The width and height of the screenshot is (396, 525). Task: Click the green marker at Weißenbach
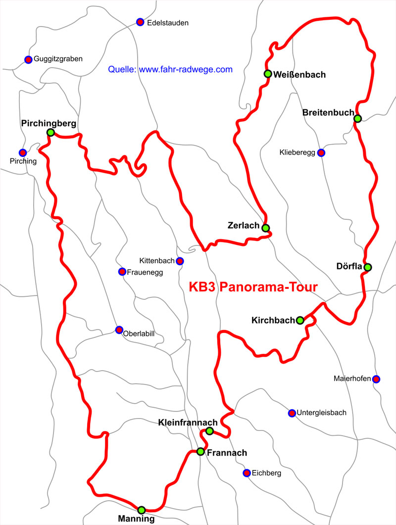tap(268, 74)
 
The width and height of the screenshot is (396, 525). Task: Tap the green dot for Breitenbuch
tap(357, 118)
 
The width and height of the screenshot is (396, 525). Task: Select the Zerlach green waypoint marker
tap(266, 228)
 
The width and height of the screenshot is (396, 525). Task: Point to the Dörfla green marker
tap(367, 267)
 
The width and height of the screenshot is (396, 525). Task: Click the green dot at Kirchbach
tap(300, 320)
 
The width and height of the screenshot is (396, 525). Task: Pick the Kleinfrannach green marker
tap(209, 431)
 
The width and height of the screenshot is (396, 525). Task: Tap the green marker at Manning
tap(142, 510)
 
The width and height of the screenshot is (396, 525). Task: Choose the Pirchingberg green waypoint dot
tap(50, 132)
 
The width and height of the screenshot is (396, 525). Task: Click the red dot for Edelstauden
tap(140, 22)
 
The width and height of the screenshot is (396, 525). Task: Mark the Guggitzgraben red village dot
tap(28, 59)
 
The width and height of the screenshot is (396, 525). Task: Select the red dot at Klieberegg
tap(321, 152)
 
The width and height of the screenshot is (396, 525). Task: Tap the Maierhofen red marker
tap(376, 379)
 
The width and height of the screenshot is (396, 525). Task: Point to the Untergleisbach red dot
tap(292, 413)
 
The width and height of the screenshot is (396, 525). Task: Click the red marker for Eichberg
tap(247, 473)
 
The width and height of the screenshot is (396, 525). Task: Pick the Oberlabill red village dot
tap(119, 330)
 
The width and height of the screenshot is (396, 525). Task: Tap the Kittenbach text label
tap(156, 261)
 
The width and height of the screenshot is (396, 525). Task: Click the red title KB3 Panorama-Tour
tap(253, 287)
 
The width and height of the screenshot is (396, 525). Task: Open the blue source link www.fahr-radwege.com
tap(186, 70)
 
